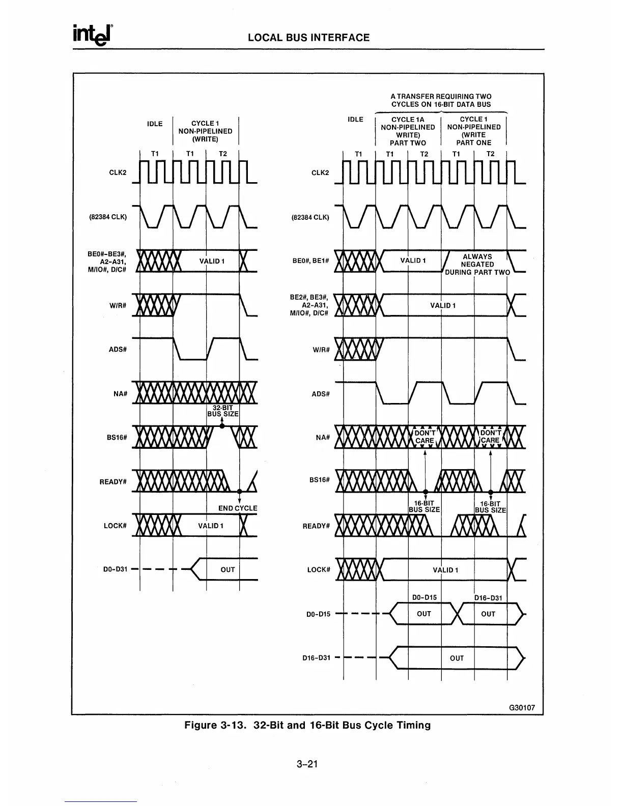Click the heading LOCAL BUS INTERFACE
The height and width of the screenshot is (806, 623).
coord(308,38)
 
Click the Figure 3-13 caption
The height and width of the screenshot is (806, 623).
coord(307,725)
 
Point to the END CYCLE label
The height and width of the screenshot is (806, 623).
coord(238,508)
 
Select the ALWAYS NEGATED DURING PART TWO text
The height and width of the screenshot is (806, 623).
coord(477,264)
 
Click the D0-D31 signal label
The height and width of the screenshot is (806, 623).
coord(115,569)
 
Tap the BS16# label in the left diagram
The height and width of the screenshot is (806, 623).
coord(117,437)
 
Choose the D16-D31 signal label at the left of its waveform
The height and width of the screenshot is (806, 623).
coord(316,657)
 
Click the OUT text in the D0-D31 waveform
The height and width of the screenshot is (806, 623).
coord(228,569)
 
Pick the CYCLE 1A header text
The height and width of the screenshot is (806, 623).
coord(408,120)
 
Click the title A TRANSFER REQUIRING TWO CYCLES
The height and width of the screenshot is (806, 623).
coord(441,100)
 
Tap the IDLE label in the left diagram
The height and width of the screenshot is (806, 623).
coord(155,124)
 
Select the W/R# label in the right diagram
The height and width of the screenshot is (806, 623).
coord(322,350)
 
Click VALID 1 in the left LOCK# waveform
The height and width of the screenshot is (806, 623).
coord(211,525)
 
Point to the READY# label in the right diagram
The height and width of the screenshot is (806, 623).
coord(316,526)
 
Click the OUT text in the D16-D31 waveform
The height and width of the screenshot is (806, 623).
coord(457,658)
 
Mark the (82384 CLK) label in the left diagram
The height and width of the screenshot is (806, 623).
coord(108,217)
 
